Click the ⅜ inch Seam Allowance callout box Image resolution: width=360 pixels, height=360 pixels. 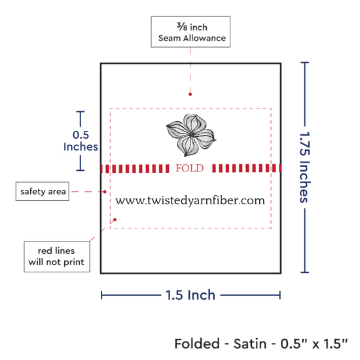coord(190,31)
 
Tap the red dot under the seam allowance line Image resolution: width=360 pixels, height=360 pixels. coord(190,94)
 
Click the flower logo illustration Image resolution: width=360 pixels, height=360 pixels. coord(190,135)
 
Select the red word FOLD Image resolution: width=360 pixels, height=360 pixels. coord(190,168)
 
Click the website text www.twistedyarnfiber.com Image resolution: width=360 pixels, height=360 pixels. coord(190,200)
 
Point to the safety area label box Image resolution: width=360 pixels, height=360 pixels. coord(43,191)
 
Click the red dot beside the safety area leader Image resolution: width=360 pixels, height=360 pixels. coord(105,192)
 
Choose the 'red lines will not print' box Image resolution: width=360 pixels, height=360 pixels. coord(57,257)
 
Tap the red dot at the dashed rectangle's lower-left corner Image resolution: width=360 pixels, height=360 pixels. coord(115,220)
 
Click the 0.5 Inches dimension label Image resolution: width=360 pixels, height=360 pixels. coord(81,141)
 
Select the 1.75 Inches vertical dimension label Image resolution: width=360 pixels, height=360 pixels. coord(305,168)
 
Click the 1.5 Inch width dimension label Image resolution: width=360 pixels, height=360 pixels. coord(190,295)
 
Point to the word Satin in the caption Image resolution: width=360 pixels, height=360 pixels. coord(250,344)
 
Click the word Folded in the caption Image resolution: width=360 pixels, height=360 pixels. coord(197,344)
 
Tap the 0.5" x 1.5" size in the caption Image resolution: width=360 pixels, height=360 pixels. coord(314,344)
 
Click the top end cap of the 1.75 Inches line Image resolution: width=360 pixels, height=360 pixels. coord(304,62)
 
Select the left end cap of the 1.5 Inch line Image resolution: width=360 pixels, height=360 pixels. coord(101,295)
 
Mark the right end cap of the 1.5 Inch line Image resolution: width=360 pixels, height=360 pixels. coord(280,295)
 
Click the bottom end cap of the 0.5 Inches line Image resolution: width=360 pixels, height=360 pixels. coord(81,170)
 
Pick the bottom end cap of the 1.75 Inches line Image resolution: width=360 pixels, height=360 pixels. coord(304,272)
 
